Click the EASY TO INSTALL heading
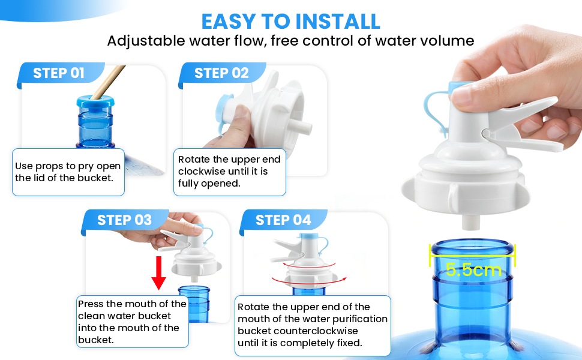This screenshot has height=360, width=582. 290,22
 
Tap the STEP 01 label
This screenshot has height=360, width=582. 59,73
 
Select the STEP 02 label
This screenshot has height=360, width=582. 221,73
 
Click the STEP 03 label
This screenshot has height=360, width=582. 124,220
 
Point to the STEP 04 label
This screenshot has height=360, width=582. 283,220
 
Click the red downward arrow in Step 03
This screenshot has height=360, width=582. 158,273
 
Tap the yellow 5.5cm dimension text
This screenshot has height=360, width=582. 473,269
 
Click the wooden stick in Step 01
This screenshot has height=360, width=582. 108,82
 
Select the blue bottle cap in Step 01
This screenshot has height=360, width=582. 95,102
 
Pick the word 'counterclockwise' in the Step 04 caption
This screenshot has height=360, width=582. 298,331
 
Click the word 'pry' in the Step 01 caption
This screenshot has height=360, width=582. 85,167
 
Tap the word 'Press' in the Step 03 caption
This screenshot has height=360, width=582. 91,304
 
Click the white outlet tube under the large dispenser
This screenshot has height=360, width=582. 471,221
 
